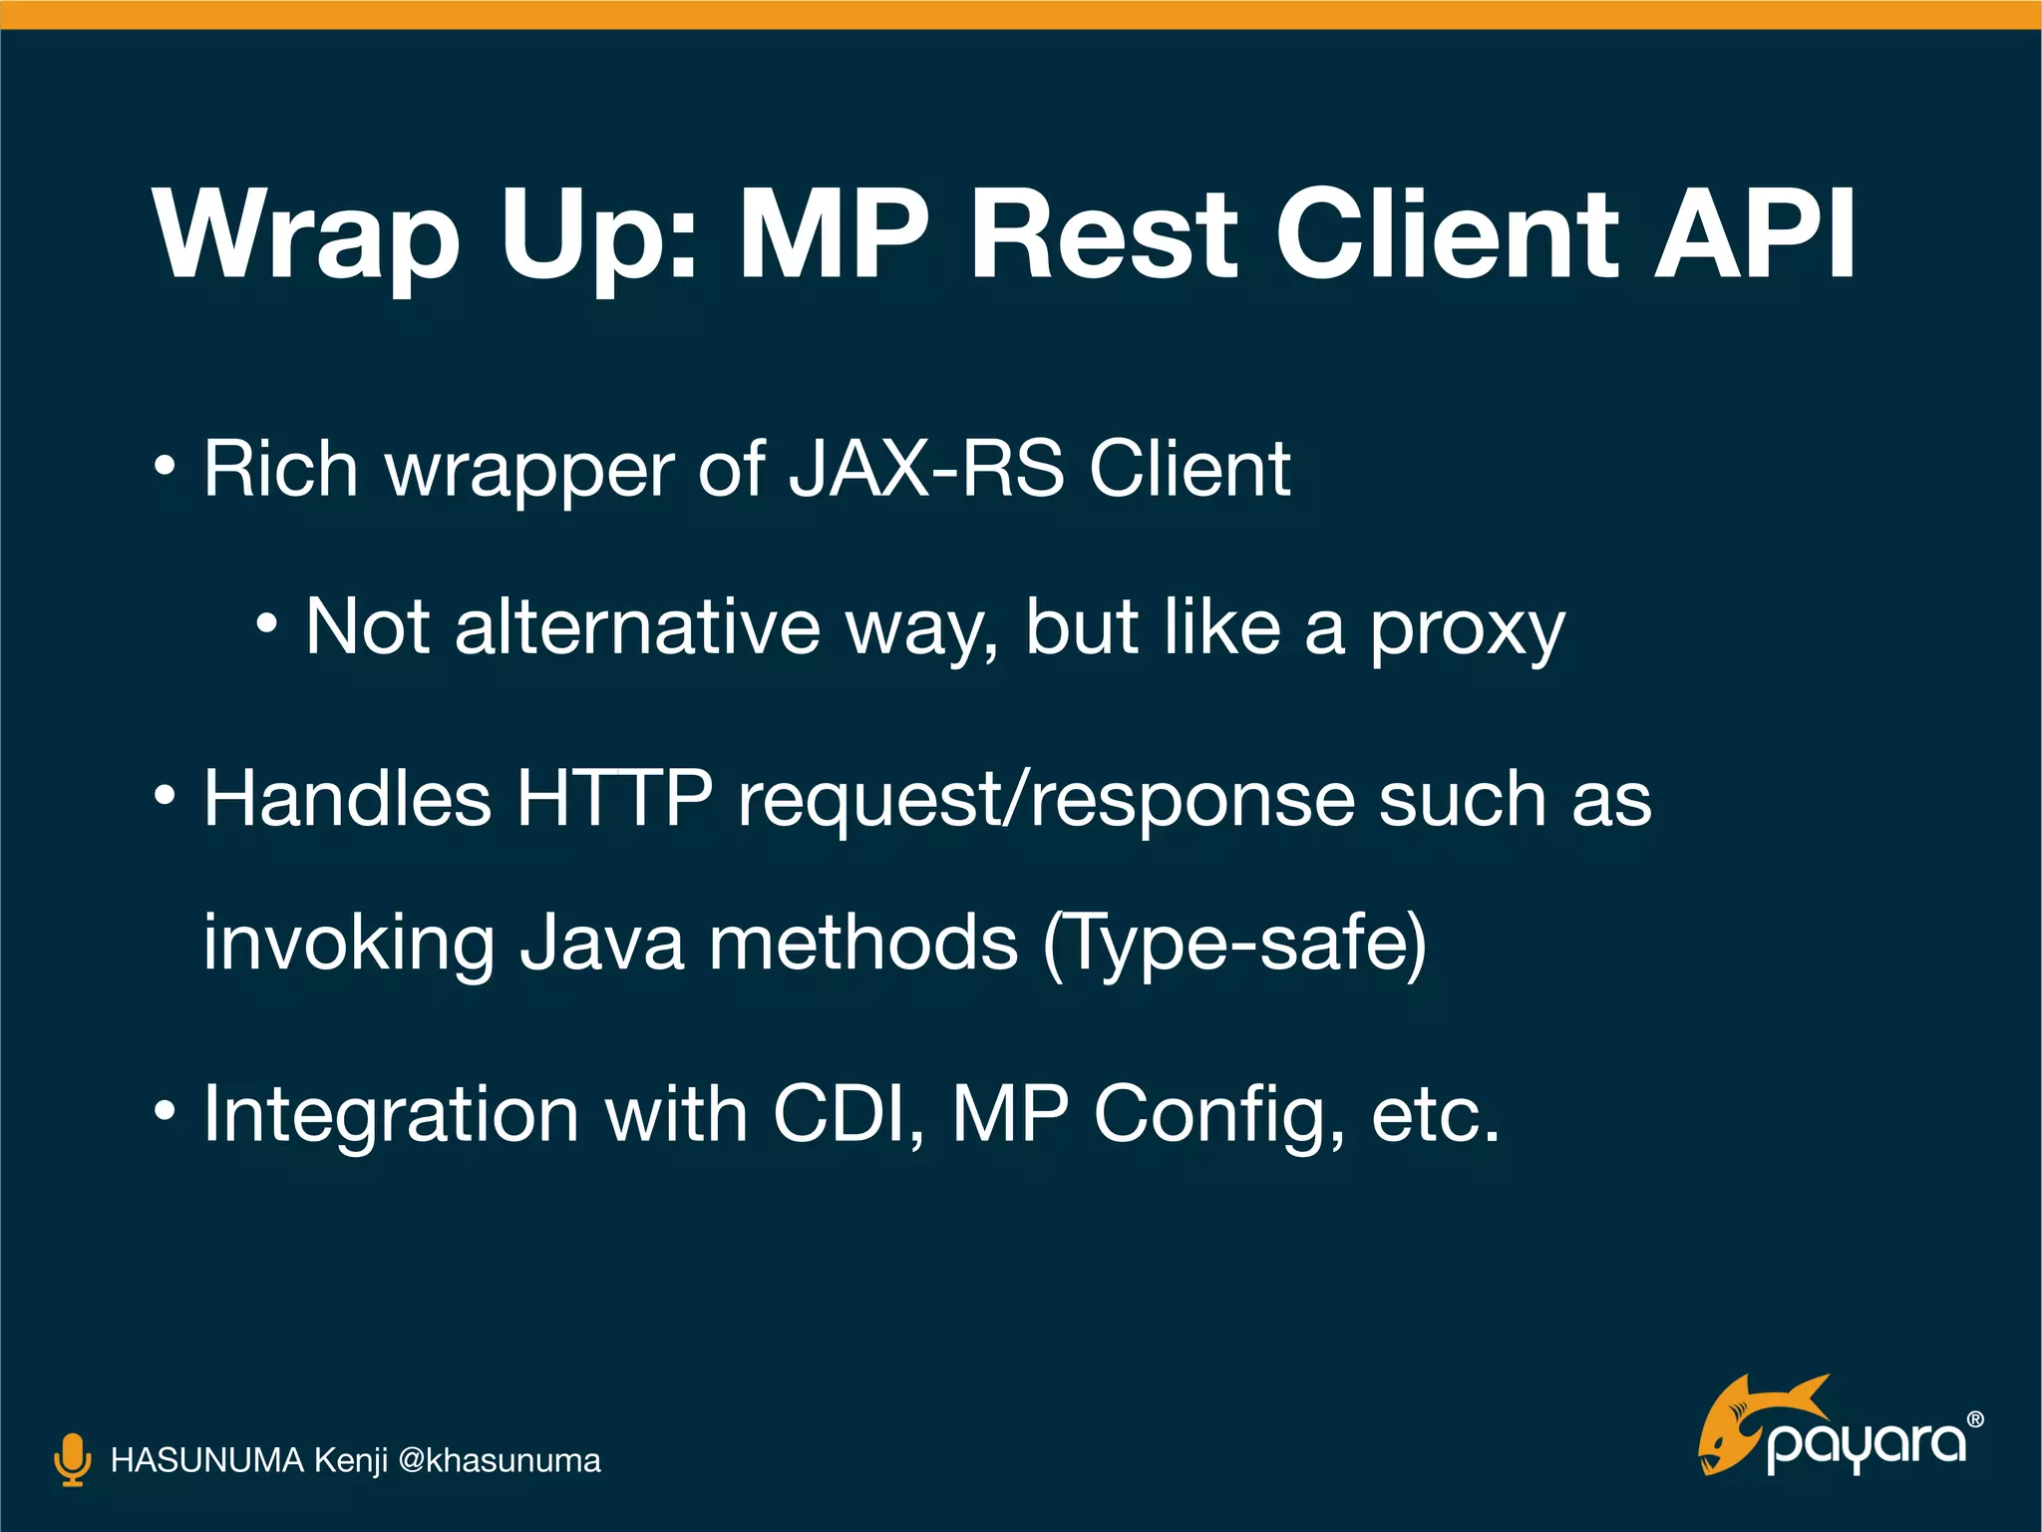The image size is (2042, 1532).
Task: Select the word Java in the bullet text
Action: point(602,943)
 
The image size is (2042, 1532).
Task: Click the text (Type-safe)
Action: point(1234,944)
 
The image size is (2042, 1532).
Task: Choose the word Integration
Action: point(391,1115)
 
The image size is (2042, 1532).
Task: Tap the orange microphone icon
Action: point(72,1460)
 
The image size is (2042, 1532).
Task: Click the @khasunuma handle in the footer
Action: point(499,1461)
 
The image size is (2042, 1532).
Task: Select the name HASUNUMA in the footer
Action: point(206,1460)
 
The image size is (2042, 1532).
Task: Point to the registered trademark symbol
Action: point(1975,1419)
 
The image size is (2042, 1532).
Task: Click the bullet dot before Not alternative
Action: point(266,625)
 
